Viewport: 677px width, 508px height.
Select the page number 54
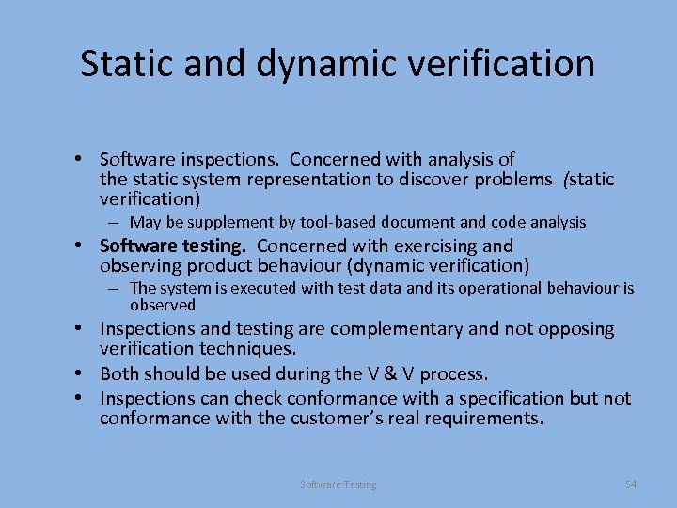(x=630, y=484)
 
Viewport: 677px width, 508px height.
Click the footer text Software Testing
(x=338, y=484)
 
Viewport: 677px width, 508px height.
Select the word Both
(x=119, y=373)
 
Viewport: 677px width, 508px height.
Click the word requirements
(x=485, y=419)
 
